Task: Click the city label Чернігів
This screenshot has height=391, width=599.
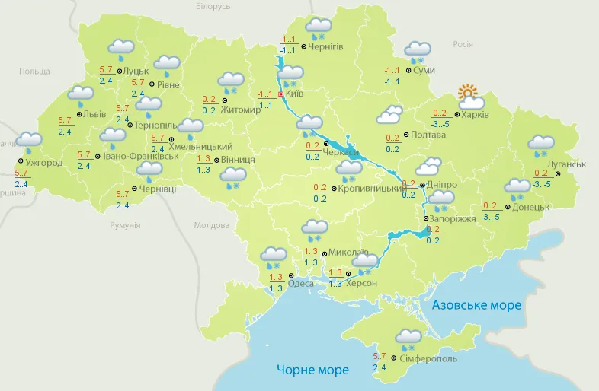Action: [x=326, y=46]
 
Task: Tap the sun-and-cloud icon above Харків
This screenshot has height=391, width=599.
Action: [x=471, y=97]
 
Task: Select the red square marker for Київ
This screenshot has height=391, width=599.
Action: [x=281, y=94]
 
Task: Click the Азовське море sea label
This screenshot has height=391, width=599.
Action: [x=476, y=305]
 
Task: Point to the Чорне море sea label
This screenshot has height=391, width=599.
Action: [x=312, y=370]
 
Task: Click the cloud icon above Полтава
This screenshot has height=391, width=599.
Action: [x=389, y=115]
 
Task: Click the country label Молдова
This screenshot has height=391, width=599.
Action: [x=211, y=226]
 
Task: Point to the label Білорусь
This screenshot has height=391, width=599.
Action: [x=213, y=6]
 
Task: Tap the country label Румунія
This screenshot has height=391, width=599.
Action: [x=125, y=226]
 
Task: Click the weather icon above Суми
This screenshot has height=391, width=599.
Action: [x=417, y=52]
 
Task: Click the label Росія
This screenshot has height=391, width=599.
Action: [x=463, y=44]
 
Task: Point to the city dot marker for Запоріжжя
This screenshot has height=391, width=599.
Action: [x=425, y=218]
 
